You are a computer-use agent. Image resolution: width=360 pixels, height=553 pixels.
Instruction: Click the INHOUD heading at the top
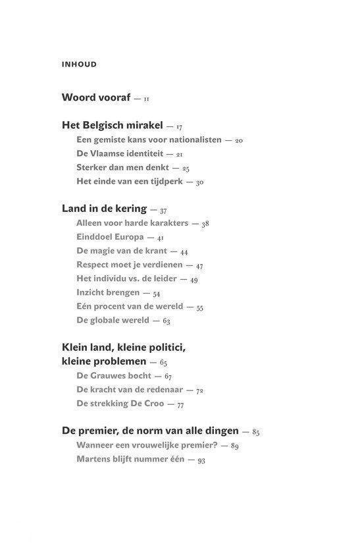79,65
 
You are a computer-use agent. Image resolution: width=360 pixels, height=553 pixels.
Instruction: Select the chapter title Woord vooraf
95,97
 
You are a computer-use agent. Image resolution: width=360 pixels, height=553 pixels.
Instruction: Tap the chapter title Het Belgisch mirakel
112,124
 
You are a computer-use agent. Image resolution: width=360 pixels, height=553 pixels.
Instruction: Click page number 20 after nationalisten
239,140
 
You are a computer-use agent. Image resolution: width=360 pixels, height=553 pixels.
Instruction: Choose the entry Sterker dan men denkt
123,167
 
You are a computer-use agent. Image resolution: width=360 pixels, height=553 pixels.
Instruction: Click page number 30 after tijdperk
200,182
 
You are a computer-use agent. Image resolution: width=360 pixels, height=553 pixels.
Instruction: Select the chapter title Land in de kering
103,209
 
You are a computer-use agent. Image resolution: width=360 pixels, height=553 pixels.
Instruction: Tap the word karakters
164,223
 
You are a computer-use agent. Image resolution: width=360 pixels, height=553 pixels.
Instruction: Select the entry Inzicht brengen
108,292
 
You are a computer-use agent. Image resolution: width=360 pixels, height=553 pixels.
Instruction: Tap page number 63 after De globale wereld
167,321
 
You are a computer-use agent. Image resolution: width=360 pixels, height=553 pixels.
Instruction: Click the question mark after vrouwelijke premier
216,445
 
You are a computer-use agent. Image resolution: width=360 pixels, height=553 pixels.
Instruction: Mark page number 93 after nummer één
202,460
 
